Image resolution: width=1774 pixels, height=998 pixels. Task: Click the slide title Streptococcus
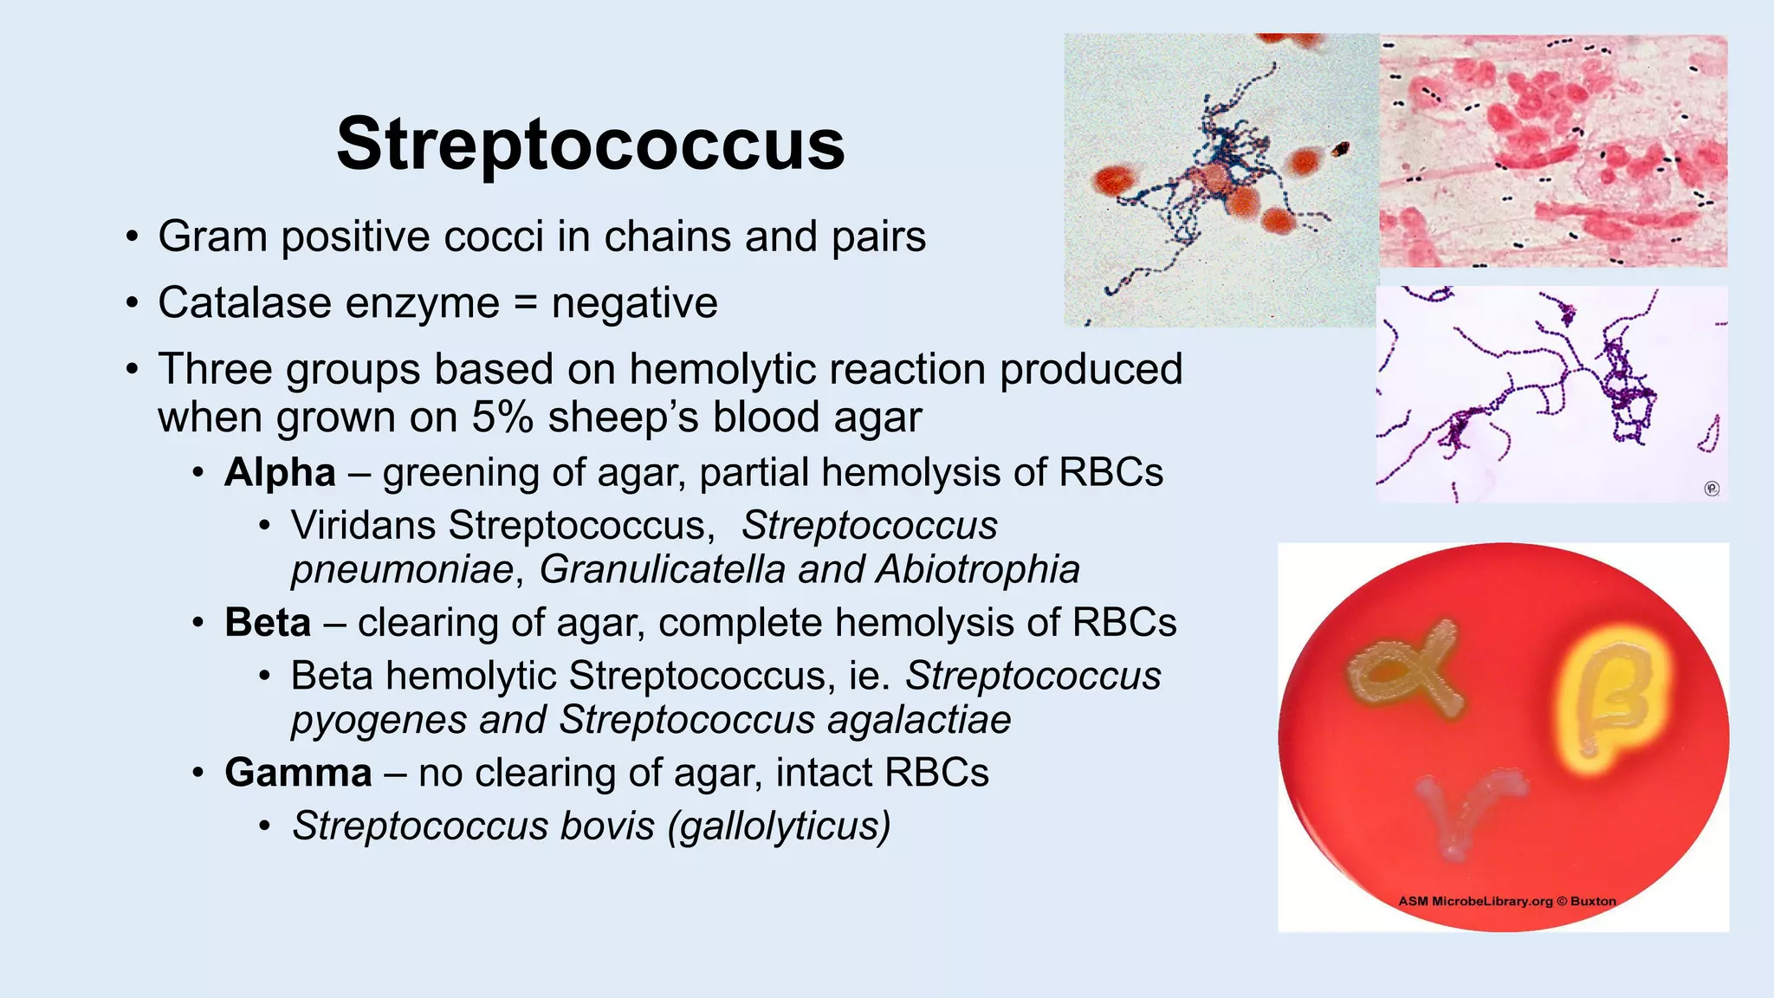click(x=591, y=145)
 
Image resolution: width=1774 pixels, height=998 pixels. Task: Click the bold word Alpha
click(x=280, y=473)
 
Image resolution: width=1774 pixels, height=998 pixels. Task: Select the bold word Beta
click(x=267, y=623)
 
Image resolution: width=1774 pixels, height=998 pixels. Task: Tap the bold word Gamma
click(x=298, y=773)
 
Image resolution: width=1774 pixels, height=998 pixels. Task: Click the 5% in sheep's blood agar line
click(x=502, y=418)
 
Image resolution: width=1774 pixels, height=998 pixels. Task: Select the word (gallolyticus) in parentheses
click(x=779, y=826)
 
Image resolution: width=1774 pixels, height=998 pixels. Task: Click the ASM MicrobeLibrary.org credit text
click(x=1506, y=901)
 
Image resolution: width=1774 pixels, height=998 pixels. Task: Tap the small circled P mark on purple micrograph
click(x=1712, y=489)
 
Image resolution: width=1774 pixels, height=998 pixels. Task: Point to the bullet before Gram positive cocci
click(x=131, y=237)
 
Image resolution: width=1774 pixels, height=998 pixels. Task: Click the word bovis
click(x=607, y=826)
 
